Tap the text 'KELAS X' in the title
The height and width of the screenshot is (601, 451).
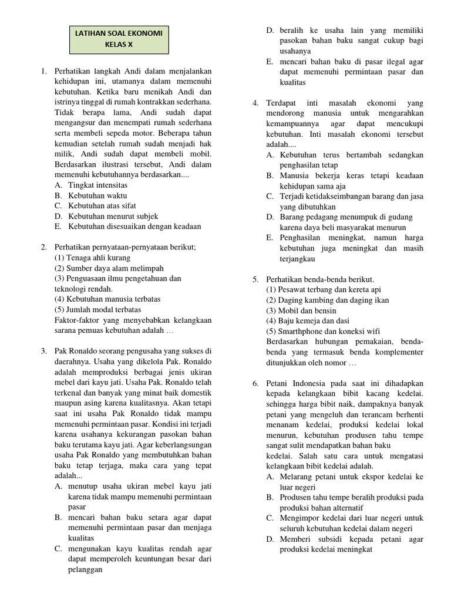point(119,44)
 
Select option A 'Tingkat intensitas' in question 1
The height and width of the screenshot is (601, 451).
point(97,185)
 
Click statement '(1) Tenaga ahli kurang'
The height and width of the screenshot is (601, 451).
point(93,258)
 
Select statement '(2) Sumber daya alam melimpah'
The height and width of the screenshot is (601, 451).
point(105,268)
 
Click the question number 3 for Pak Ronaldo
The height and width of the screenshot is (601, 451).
point(43,351)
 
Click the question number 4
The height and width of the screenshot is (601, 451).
point(255,103)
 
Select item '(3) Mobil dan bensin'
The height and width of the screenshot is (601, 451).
point(301,310)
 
